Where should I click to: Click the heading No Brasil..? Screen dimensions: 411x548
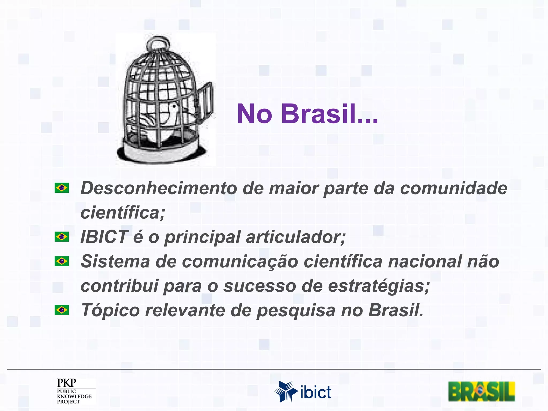tap(307, 114)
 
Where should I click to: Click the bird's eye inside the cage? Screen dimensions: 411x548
tap(174, 106)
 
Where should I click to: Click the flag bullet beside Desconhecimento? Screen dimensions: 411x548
tap(62, 188)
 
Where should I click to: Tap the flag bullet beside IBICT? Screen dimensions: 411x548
tap(62, 237)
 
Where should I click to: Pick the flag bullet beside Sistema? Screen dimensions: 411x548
tap(62, 261)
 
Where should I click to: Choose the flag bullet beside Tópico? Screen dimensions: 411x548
tap(62, 310)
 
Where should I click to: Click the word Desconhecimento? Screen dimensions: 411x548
tap(158, 188)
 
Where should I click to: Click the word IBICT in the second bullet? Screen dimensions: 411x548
tap(104, 237)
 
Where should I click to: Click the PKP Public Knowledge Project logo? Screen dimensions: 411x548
tap(74, 391)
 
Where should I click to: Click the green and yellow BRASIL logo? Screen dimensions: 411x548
tap(481, 391)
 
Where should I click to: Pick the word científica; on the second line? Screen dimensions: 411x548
tap(123, 213)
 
